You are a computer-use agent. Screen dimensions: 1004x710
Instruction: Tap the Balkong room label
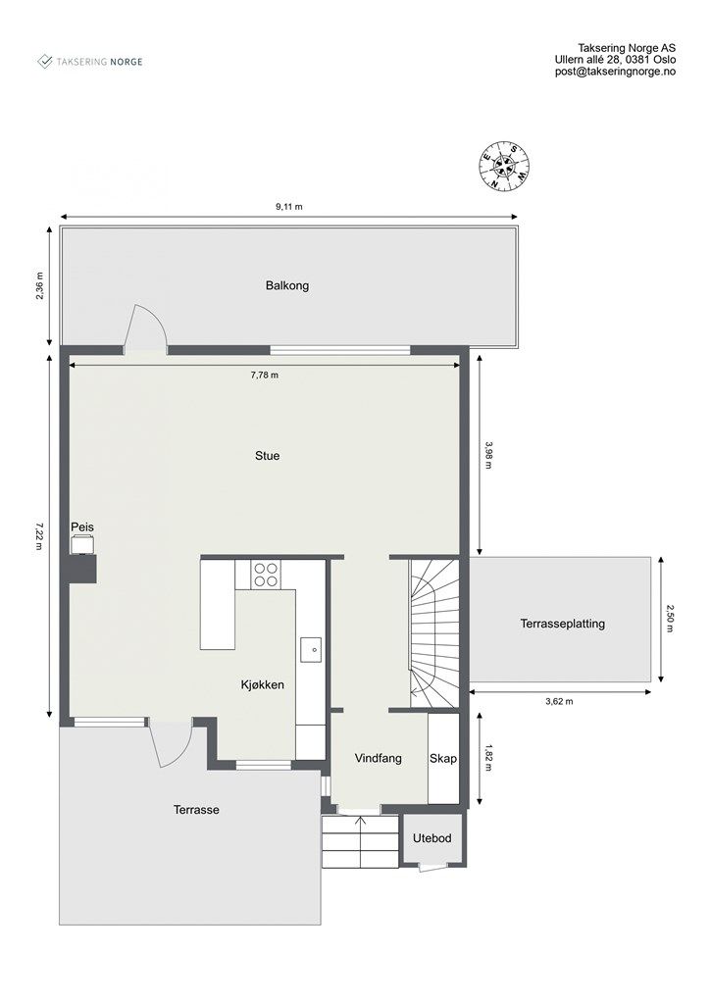pos(286,286)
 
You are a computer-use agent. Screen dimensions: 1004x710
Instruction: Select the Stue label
pos(267,456)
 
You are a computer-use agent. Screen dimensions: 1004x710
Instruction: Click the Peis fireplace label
pos(82,527)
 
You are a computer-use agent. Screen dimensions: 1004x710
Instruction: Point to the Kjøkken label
pos(263,685)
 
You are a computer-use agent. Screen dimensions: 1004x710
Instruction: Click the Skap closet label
pos(443,758)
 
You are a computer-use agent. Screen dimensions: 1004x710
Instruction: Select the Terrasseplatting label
pos(562,624)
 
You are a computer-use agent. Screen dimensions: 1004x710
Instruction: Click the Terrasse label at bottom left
pos(196,810)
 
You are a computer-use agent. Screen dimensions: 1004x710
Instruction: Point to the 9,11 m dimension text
pos(289,207)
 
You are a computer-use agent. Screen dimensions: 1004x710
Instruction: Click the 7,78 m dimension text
pos(265,376)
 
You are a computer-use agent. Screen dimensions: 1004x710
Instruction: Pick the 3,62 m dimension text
pos(559,701)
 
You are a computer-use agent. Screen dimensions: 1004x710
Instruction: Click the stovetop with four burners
pos(266,574)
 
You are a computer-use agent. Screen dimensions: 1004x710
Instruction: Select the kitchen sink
pos(310,647)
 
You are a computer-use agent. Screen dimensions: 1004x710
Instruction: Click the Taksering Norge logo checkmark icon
pos(45,61)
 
